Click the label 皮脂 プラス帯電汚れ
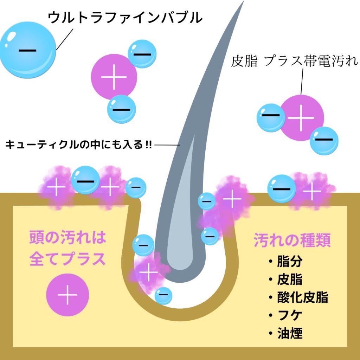[x=294, y=61]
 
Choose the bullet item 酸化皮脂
[x=302, y=297]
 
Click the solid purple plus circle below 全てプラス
[x=67, y=295]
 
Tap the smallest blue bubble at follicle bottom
[x=163, y=295]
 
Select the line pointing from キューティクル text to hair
[x=167, y=144]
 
